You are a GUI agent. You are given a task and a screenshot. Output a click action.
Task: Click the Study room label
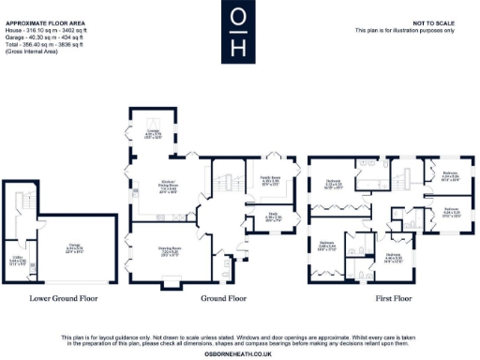tap(274, 218)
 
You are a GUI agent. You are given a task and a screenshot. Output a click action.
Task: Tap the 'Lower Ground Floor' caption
tap(64, 299)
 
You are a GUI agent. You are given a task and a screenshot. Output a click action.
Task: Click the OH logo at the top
tap(239, 30)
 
